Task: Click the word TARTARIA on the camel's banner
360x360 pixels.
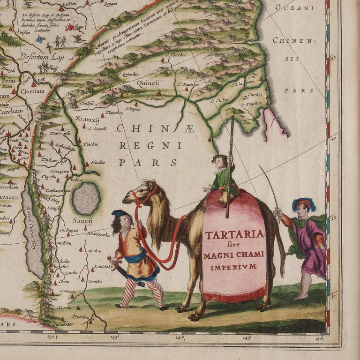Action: point(234,234)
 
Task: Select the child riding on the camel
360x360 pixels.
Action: point(221,176)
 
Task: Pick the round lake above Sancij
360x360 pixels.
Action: point(86,198)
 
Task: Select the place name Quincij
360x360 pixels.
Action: point(148,83)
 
